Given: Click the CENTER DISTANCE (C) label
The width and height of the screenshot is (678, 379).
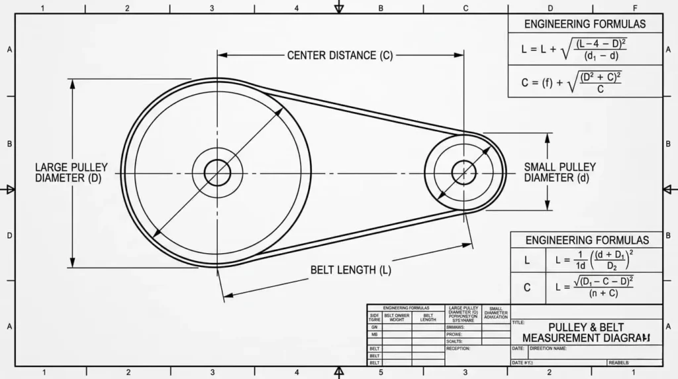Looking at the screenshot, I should point(340,56).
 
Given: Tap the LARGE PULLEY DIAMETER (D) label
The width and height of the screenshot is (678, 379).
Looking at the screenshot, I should point(71,173).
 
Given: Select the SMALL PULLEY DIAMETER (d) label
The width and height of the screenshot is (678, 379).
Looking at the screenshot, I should point(559,172).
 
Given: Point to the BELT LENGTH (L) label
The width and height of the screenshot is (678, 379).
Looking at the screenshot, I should point(350,270).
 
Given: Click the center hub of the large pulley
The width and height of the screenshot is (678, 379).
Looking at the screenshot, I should point(217,174).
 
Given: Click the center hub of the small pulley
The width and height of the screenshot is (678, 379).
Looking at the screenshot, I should point(463,173).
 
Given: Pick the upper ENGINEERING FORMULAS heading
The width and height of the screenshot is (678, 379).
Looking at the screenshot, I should point(585,24).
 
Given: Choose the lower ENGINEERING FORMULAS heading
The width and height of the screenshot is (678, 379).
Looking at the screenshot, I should point(587,240).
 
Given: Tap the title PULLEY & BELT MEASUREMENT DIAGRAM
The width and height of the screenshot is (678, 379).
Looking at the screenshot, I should point(586,333).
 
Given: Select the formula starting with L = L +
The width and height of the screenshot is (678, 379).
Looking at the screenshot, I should point(573,49).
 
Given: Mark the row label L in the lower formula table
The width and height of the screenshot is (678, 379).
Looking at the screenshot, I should point(527,261).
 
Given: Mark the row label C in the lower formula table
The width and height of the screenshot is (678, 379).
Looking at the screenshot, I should point(527,288).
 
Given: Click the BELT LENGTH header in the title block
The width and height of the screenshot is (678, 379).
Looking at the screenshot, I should point(428,317).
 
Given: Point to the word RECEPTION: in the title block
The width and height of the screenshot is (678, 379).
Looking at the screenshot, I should point(458,349).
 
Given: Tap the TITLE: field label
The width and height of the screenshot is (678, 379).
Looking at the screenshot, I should point(518,323).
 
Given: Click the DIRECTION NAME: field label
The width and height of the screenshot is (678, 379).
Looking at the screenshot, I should point(548,348).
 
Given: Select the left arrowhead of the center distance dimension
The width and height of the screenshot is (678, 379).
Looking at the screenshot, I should point(221,56).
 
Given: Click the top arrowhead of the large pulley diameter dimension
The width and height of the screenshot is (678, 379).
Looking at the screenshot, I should point(72,83).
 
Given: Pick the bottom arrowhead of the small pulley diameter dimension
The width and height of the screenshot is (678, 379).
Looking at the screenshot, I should point(548,207).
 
